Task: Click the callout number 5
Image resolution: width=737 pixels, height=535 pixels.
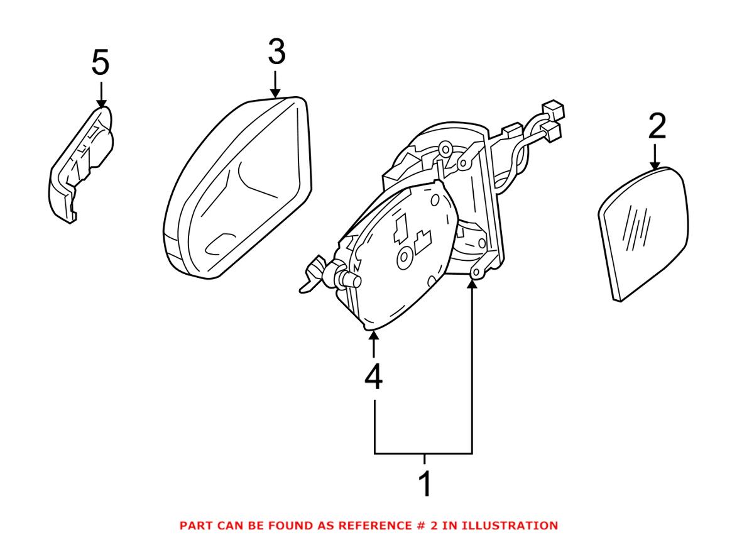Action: click(x=100, y=63)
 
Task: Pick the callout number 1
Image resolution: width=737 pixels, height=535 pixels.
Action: click(x=425, y=484)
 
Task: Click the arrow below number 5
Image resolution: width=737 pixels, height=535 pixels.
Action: click(x=101, y=93)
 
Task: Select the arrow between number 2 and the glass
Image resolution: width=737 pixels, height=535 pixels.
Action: click(x=655, y=157)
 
